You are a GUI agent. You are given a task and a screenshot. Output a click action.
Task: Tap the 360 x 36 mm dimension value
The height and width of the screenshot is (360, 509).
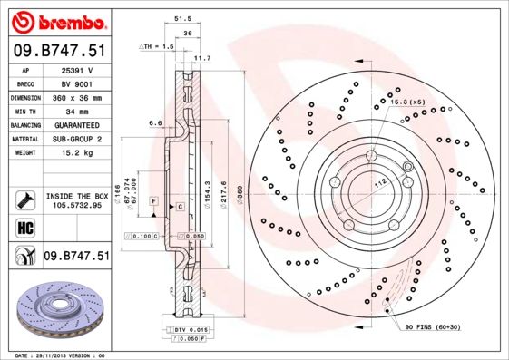tap(76, 95)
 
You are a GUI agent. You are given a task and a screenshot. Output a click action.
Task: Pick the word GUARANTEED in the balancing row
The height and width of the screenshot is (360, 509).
tap(76, 124)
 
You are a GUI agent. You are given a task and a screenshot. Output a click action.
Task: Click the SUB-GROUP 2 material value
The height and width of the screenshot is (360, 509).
tap(76, 139)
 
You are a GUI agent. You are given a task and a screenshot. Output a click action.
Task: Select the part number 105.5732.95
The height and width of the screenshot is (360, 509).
tap(76, 206)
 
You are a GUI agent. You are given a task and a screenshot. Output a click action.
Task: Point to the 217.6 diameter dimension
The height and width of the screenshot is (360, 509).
tap(223, 191)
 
